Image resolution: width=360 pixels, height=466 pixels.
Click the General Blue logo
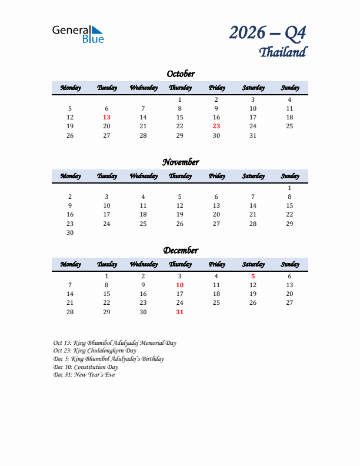tap(78, 34)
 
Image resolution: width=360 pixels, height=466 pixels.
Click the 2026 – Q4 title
tap(268, 33)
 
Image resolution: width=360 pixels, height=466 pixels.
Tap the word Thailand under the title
tap(282, 52)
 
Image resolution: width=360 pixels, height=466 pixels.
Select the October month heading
tap(180, 74)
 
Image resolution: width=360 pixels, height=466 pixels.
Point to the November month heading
tap(180, 162)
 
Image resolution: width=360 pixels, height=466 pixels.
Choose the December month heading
tap(180, 251)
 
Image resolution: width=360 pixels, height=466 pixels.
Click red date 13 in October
tap(106, 117)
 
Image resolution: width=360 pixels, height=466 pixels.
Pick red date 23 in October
tap(216, 126)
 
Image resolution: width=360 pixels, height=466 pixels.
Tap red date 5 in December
tap(253, 276)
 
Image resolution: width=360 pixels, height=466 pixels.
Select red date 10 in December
tap(180, 285)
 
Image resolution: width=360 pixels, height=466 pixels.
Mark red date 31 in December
tap(180, 312)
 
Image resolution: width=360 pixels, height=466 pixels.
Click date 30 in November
tap(70, 232)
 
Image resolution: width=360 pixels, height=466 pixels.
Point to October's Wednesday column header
tap(143, 88)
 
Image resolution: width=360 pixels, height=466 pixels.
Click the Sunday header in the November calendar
tap(289, 177)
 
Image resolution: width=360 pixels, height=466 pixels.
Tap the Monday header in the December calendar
tap(70, 265)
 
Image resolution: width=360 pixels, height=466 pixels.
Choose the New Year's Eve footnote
tap(84, 375)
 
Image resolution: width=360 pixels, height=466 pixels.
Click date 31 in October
tap(253, 135)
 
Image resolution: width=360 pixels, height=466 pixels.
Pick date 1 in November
tap(289, 188)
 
